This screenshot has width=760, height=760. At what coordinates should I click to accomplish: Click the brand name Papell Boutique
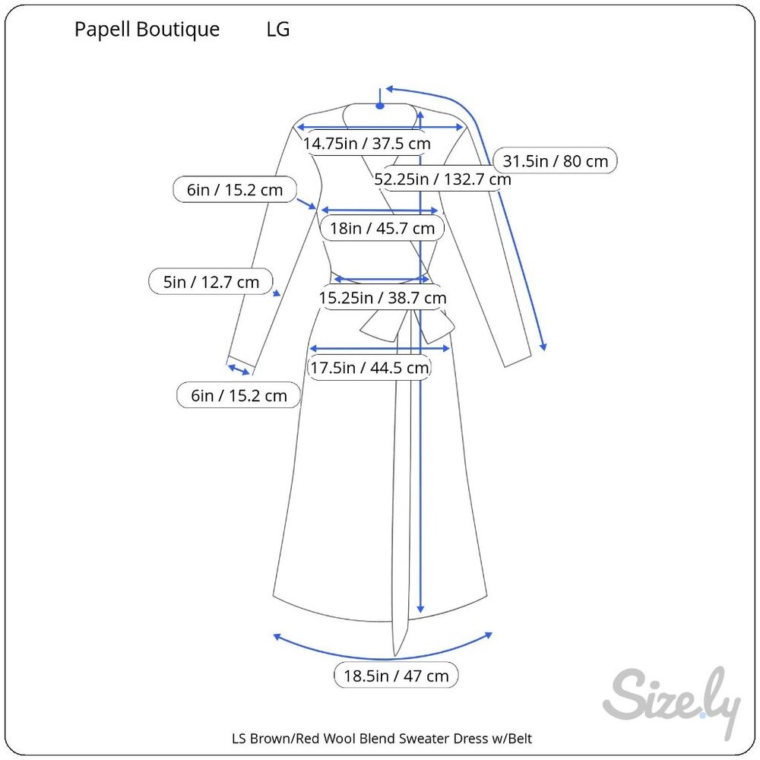tap(147, 30)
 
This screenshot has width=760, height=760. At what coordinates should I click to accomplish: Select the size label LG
tap(278, 29)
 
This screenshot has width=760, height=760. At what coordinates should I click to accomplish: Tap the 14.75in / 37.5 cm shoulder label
tap(367, 144)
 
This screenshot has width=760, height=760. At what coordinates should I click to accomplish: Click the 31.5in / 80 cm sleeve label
tap(555, 161)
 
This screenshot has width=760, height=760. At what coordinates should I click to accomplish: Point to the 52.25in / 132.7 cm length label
tap(442, 179)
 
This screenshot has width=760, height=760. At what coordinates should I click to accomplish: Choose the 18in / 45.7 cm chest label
tap(382, 228)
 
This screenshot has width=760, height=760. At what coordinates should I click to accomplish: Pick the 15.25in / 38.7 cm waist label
tap(382, 298)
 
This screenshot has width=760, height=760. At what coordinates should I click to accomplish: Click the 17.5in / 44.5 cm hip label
tap(369, 367)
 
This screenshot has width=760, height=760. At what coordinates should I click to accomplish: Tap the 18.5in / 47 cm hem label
tap(396, 675)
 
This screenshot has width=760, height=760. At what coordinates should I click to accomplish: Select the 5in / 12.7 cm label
tap(211, 282)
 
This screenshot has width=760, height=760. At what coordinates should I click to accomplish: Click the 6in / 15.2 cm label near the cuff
tap(239, 395)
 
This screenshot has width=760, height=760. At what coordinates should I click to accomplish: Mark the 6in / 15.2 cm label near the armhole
tap(235, 189)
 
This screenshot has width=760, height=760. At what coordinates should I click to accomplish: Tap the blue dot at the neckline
tap(381, 106)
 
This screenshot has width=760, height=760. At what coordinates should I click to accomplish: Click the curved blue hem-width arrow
tap(383, 659)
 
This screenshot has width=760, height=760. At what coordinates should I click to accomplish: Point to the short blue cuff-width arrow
tap(239, 370)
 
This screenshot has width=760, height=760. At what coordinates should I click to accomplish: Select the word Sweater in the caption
tap(424, 738)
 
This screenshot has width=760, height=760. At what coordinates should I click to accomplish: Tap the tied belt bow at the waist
tap(407, 326)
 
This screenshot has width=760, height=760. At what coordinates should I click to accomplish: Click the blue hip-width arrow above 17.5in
tap(380, 348)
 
